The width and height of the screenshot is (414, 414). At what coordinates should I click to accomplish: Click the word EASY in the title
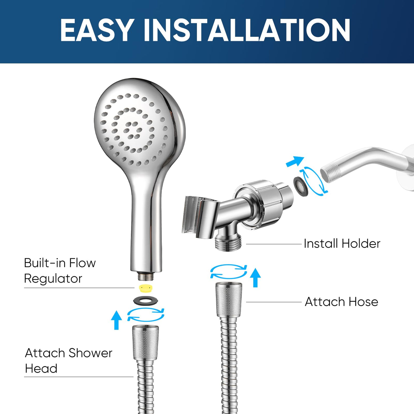96,30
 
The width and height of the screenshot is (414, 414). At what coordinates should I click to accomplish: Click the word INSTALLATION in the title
247,30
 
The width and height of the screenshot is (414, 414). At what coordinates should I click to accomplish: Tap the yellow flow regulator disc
146,288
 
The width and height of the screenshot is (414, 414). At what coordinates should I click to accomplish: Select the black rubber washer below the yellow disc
145,300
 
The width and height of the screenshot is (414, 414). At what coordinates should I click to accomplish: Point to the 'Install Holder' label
342,244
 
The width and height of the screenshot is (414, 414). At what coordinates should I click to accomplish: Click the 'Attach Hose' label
341,302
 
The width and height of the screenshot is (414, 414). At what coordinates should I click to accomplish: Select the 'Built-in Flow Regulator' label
60,271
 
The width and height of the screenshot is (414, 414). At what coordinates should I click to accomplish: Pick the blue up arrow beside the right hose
255,278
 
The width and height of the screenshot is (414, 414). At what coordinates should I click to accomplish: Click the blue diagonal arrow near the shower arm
295,161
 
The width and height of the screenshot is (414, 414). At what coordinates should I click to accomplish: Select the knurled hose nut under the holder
229,300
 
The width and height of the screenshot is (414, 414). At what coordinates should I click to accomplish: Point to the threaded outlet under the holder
228,243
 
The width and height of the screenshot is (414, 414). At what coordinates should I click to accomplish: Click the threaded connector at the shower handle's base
146,276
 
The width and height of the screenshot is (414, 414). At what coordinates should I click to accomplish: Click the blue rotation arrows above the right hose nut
229,271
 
